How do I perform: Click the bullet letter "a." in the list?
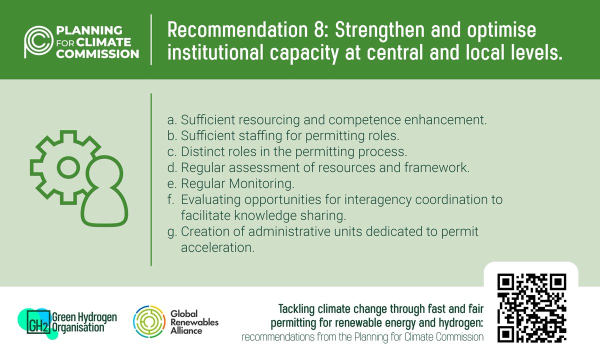(x=171, y=120)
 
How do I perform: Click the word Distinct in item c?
(x=200, y=151)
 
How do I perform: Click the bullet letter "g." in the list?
(x=171, y=231)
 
